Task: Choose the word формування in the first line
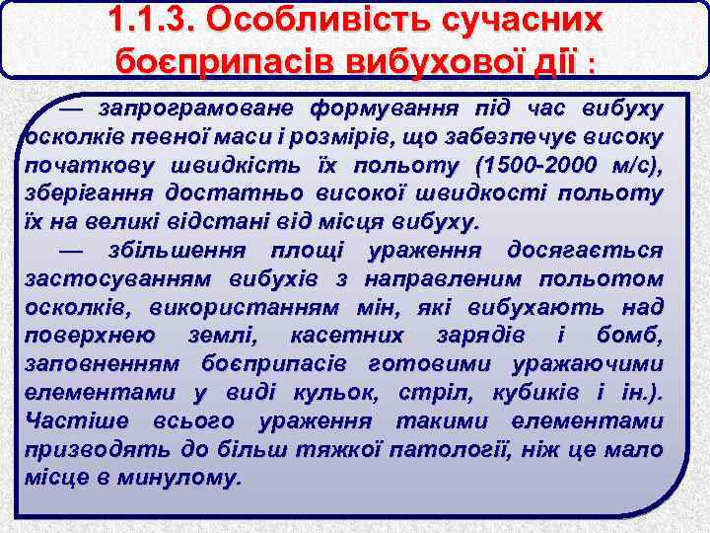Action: point(370,107)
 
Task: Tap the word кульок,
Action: point(340,393)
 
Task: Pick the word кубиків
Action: point(532,393)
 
